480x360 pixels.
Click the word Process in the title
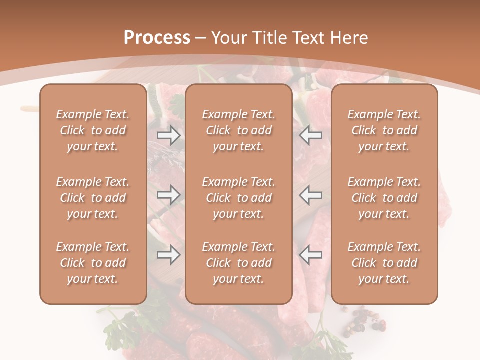[157, 38]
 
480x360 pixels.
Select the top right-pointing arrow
[168, 135]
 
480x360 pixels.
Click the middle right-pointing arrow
[168, 195]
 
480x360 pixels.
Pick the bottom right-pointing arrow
[168, 255]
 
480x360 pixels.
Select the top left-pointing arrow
[311, 135]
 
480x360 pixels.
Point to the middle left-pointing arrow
[311, 195]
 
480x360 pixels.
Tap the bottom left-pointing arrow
[311, 255]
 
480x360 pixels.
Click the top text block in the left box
[93, 130]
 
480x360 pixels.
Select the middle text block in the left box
[93, 198]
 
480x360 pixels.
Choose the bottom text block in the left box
[93, 263]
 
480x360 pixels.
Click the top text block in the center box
[239, 130]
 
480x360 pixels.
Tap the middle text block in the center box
[239, 198]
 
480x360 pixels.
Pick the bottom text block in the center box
[239, 263]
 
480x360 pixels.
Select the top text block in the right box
[384, 130]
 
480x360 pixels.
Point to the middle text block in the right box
[384, 198]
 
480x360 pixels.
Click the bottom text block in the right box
[384, 263]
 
